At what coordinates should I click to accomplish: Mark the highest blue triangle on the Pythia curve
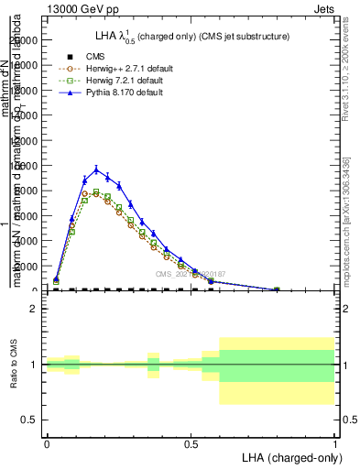pyautogui.click(x=96, y=169)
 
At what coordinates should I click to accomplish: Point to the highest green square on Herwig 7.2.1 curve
pyautogui.click(x=96, y=192)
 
